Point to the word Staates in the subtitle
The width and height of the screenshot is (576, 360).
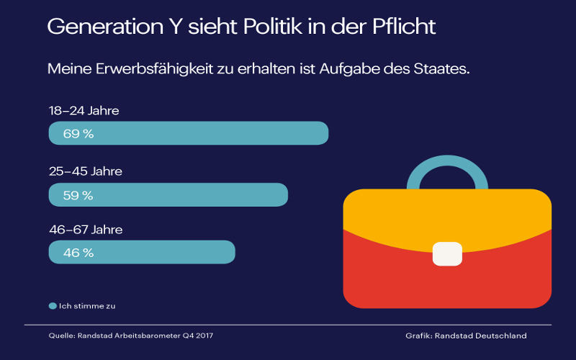(x=444, y=70)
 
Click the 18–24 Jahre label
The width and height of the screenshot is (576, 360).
(x=84, y=111)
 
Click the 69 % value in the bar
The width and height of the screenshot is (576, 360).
(x=78, y=134)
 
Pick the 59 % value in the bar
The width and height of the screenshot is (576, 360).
(x=78, y=195)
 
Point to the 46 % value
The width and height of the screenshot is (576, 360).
(x=78, y=253)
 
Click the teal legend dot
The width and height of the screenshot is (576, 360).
(x=53, y=306)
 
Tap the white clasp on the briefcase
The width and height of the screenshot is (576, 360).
(x=447, y=253)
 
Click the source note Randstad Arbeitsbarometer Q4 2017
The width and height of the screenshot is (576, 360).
(x=130, y=336)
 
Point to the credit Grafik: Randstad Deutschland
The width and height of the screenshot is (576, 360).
(x=466, y=336)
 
